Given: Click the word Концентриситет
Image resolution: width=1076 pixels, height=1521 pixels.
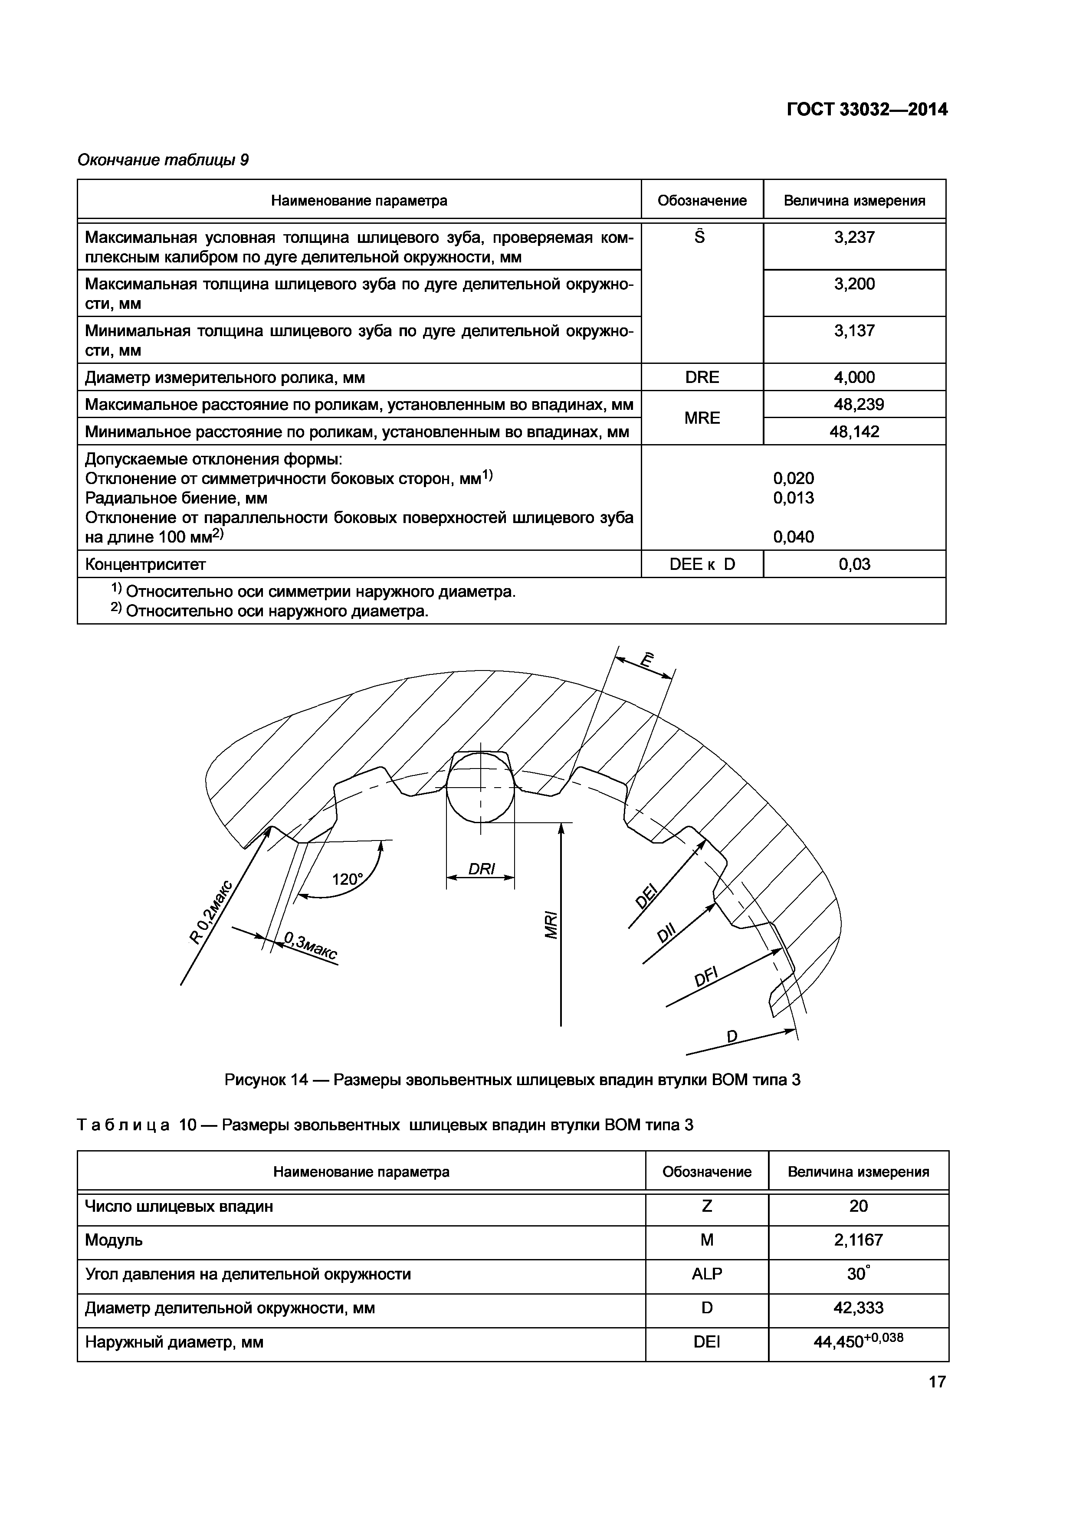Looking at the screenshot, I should coord(146,564).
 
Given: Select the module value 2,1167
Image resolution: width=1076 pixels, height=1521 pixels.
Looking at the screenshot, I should coord(858,1240).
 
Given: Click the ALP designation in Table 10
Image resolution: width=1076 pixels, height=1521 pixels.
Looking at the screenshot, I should coord(706,1274).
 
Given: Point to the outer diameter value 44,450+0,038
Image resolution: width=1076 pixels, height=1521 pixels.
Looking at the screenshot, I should coord(858,1341).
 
